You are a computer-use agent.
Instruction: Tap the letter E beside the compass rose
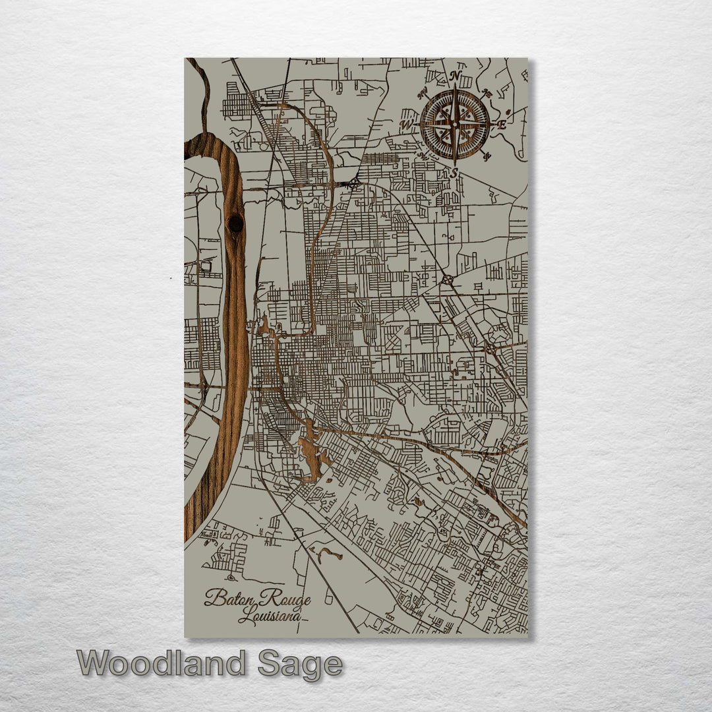502,124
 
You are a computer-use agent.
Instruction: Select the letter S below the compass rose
454,173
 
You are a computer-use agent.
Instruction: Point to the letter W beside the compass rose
407,123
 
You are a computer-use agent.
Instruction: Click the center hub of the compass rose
455,123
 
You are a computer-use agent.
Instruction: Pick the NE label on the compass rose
487,93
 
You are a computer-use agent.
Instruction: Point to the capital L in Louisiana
245,617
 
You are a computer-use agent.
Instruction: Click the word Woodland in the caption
162,663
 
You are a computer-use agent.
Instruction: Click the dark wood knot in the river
235,223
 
